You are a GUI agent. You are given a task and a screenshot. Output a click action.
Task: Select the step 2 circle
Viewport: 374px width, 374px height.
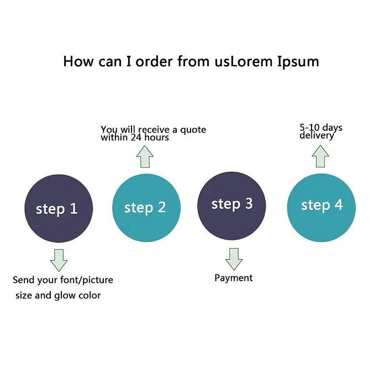click(146, 208)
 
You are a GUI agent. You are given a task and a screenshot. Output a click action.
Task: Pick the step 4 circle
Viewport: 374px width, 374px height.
click(321, 207)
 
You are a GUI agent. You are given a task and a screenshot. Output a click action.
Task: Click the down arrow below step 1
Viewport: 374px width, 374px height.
click(59, 260)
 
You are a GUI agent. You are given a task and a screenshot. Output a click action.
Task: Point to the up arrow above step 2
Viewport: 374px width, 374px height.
click(145, 157)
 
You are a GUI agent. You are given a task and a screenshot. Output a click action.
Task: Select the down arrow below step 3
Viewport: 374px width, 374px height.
click(234, 259)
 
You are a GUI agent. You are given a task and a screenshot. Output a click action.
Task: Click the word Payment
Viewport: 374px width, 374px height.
click(233, 278)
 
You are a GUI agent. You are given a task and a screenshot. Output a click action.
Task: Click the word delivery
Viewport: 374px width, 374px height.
click(317, 135)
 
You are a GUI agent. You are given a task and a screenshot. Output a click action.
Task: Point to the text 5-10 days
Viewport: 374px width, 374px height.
click(321, 128)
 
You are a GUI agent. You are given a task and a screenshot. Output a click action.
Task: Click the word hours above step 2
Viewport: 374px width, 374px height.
click(157, 138)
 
